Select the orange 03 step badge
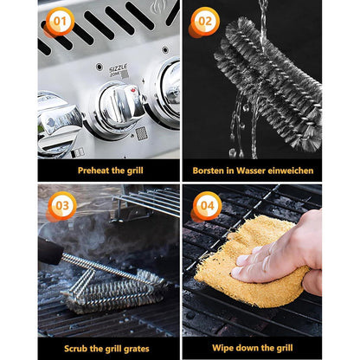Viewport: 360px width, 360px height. [x=59, y=206]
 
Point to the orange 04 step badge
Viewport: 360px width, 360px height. [x=203, y=206]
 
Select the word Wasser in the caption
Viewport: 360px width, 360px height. [x=257, y=170]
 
